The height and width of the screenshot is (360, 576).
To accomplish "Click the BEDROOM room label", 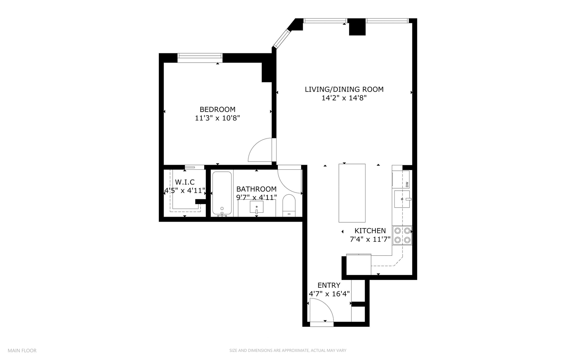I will click(217, 109).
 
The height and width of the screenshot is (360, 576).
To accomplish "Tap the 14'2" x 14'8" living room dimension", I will click(344, 98).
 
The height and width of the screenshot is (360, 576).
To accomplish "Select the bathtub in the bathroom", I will click(222, 193).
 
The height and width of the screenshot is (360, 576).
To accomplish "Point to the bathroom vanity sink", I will click(257, 207).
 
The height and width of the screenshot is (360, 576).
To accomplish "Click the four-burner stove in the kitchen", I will click(402, 235).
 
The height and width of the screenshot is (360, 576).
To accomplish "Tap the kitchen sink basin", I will click(401, 199).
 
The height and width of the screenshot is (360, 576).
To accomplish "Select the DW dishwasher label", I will click(407, 184).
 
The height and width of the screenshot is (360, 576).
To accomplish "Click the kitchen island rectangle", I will click(352, 193).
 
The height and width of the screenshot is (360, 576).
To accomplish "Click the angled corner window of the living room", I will click(281, 38).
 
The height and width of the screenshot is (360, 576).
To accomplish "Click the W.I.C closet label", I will click(185, 182).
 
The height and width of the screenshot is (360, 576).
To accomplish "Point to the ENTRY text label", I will click(329, 285).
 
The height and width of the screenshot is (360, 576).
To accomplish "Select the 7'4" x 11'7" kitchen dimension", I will click(370, 239).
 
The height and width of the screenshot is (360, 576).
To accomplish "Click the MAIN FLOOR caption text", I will click(22, 350).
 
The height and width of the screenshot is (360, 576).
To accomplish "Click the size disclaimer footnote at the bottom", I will click(288, 350).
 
